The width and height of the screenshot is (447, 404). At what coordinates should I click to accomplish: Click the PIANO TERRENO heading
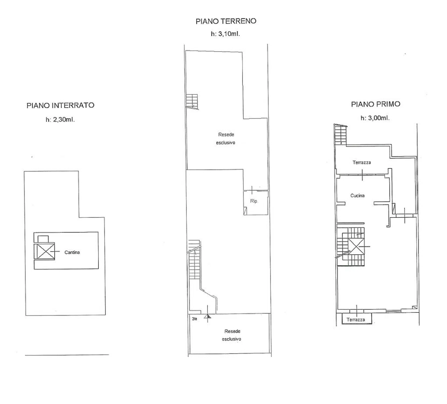pyautogui.click(x=226, y=21)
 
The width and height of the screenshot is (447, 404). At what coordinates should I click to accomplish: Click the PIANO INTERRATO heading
pyautogui.click(x=60, y=105)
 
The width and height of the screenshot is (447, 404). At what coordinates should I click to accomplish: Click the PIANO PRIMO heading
pyautogui.click(x=376, y=104)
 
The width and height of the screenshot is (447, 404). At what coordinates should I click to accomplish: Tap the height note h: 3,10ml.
pyautogui.click(x=225, y=34)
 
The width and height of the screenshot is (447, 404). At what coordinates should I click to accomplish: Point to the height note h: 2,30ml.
pyautogui.click(x=60, y=120)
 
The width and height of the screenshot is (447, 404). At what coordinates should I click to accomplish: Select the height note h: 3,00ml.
pyautogui.click(x=375, y=118)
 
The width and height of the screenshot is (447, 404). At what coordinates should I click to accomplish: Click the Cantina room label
pyautogui.click(x=72, y=252)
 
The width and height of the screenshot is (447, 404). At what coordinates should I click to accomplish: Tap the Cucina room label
pyautogui.click(x=357, y=196)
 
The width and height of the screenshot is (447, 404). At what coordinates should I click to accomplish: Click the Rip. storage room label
pyautogui.click(x=254, y=201)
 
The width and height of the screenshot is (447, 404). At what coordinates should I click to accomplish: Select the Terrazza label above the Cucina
pyautogui.click(x=362, y=162)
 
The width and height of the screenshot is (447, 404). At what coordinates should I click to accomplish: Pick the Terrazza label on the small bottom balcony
pyautogui.click(x=356, y=320)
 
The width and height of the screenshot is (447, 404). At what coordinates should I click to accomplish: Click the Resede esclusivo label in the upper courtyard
pyautogui.click(x=226, y=138)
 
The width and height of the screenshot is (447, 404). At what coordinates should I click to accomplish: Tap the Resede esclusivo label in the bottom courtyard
pyautogui.click(x=232, y=335)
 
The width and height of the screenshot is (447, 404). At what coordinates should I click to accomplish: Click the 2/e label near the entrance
pyautogui.click(x=195, y=319)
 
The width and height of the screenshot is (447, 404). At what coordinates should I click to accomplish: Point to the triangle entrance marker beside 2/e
pyautogui.click(x=207, y=317)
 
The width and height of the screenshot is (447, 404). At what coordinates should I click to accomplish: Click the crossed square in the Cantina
pyautogui.click(x=44, y=251)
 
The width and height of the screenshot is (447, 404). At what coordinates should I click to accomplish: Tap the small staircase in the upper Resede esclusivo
pyautogui.click(x=192, y=101)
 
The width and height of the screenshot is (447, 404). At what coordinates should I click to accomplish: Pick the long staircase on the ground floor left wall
pyautogui.click(x=194, y=260)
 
